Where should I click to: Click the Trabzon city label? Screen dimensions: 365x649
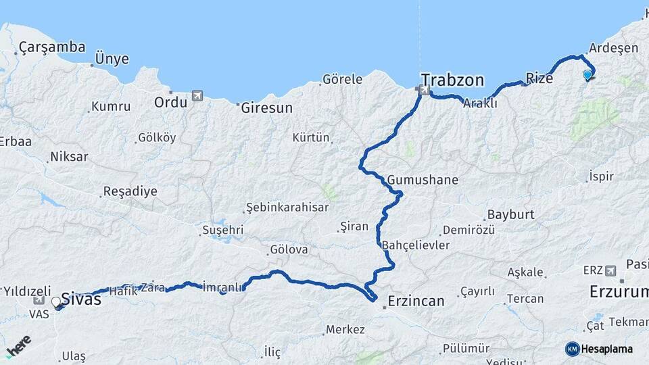click(452, 80)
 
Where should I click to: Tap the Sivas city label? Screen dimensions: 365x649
click(81, 298)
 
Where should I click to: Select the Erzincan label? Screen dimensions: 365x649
click(416, 301)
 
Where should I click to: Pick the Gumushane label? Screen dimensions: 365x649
click(423, 180)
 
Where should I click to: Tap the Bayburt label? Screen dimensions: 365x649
click(510, 214)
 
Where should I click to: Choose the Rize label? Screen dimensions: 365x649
click(539, 78)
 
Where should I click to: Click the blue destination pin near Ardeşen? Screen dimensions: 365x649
click(587, 75)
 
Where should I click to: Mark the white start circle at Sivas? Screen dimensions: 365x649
click(56, 302)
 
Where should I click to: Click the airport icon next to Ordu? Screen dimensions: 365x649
click(197, 96)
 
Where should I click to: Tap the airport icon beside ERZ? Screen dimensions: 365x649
click(611, 270)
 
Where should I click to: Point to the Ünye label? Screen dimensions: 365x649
click(112, 59)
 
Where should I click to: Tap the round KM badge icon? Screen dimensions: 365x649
click(573, 349)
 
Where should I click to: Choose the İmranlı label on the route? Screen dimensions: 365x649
click(222, 287)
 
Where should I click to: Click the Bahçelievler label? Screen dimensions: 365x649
click(415, 245)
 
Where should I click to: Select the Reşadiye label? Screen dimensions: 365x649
click(130, 191)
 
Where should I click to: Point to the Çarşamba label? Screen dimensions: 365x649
click(52, 47)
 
